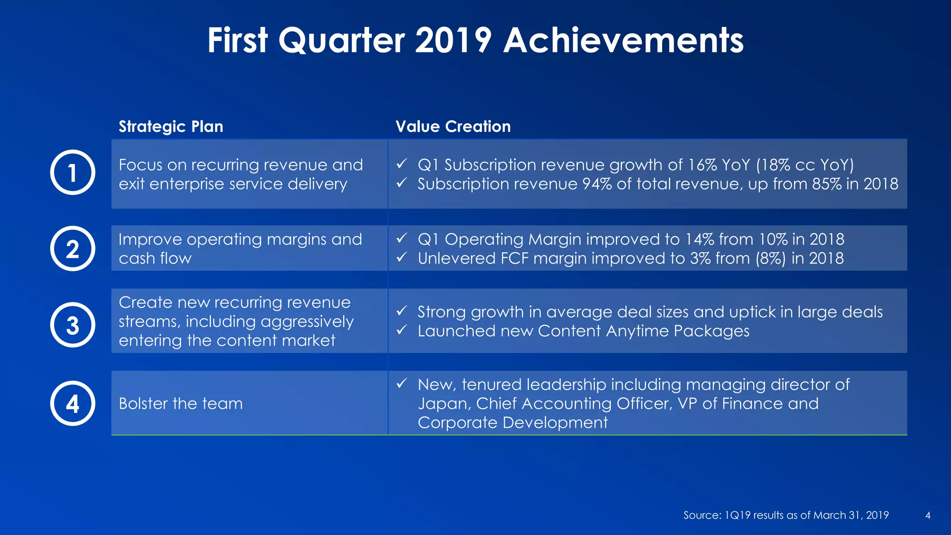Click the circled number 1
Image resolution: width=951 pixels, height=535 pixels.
point(72,173)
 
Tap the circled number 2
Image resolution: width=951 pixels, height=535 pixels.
point(72,249)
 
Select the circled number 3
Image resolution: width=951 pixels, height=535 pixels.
point(72,325)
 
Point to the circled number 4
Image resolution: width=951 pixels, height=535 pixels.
point(72,404)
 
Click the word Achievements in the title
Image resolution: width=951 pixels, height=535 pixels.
point(623,41)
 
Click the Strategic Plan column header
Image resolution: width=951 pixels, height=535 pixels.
point(171,127)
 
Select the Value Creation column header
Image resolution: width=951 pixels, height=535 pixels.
point(453,127)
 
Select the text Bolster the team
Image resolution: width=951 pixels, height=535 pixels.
point(181,404)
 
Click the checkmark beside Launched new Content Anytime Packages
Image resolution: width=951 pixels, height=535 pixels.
point(402,330)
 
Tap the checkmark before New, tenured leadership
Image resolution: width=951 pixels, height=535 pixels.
point(402,384)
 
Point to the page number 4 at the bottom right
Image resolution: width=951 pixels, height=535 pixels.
point(927,515)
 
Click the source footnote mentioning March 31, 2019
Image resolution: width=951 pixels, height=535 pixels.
point(786,515)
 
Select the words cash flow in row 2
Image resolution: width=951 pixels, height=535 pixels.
point(155,259)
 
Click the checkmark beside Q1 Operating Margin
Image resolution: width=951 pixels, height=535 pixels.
point(402,238)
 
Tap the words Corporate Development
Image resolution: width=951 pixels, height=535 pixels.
point(512,423)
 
